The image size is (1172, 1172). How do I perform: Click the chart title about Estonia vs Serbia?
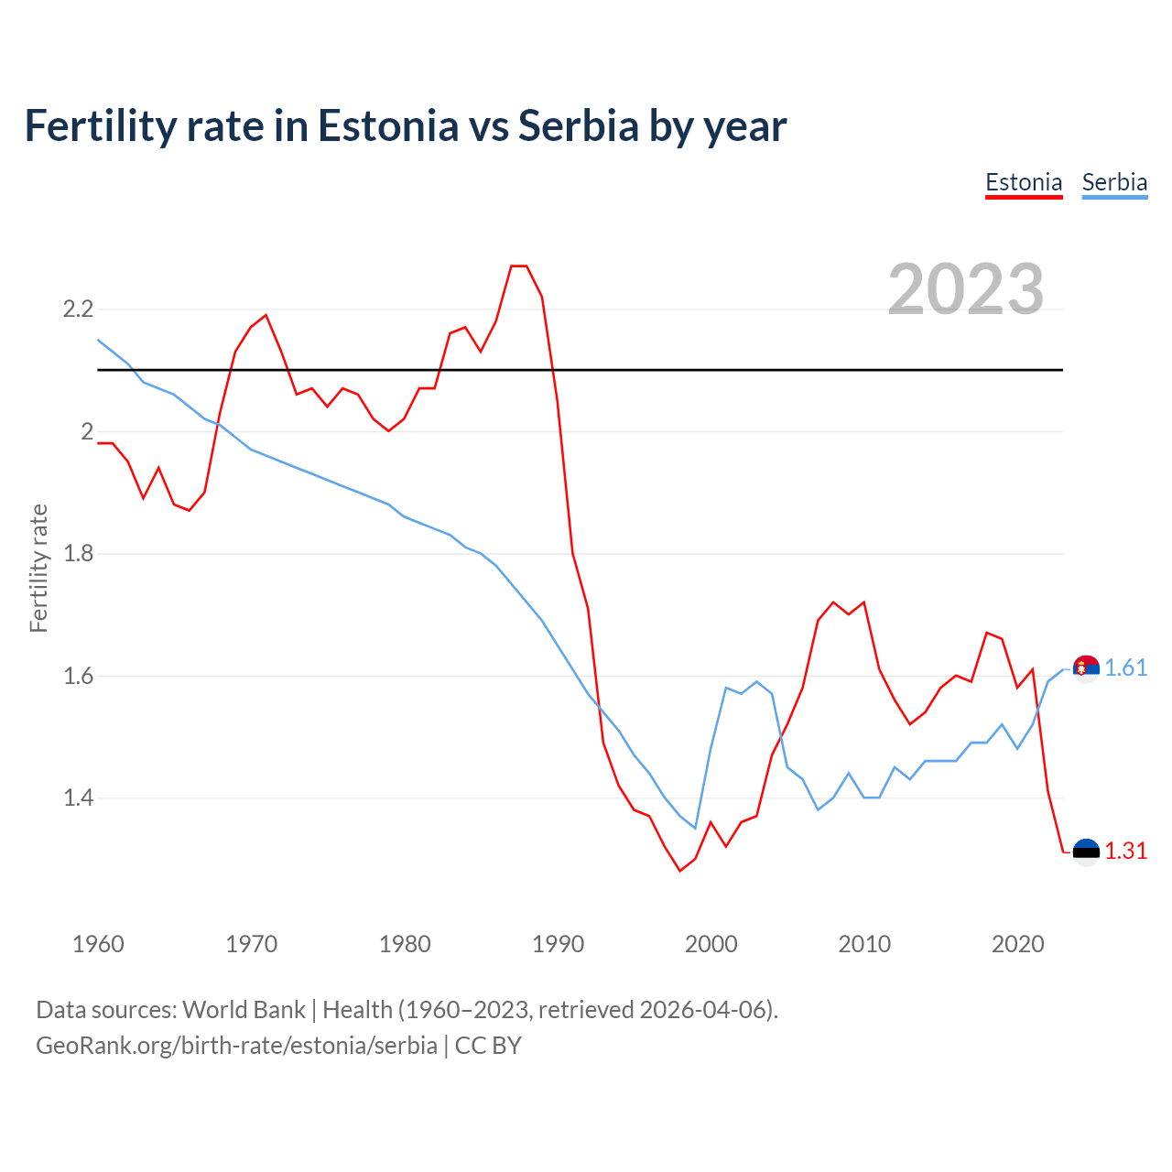point(405,126)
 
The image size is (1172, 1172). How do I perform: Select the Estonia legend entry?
point(1024,182)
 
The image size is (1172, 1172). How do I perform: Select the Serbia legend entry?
point(1114,182)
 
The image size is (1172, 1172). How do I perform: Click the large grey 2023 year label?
point(966,289)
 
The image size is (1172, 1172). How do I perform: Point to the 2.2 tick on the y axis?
point(78,309)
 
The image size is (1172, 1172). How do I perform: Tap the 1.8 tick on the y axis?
point(78,554)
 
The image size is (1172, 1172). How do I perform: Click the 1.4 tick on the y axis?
point(78,798)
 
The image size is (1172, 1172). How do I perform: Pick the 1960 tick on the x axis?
point(98,944)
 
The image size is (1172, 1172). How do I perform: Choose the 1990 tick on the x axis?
point(558,944)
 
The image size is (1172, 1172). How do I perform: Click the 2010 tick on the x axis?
point(864,944)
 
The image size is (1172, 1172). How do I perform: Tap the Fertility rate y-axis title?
point(38,568)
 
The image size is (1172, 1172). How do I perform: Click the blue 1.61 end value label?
point(1125,668)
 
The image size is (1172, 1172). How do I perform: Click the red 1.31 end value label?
point(1125,852)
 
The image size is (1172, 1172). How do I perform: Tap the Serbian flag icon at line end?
point(1086,669)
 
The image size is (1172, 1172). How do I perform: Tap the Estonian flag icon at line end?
point(1086,852)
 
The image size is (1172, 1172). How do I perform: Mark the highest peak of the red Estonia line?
point(519,266)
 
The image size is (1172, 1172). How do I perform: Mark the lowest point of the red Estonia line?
point(680,871)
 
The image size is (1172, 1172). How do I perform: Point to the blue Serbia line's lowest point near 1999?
point(696,828)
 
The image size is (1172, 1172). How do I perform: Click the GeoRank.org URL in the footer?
point(236,1046)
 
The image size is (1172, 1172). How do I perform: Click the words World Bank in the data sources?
point(244,1010)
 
